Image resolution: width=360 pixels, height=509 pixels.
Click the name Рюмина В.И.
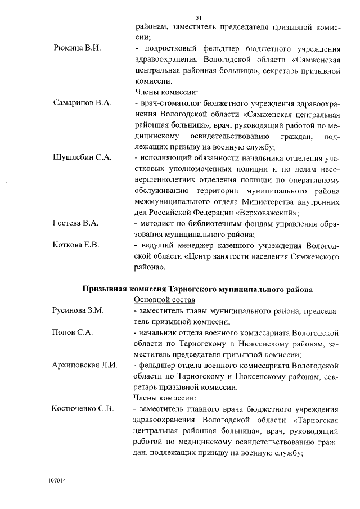[x=76, y=49]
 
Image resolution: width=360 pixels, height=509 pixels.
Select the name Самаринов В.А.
[x=83, y=103]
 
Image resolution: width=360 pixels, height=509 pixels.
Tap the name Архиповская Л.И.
[x=84, y=366]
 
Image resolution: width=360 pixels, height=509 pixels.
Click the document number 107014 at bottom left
[x=57, y=482]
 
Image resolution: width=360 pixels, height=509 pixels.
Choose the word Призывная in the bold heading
[x=103, y=289]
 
